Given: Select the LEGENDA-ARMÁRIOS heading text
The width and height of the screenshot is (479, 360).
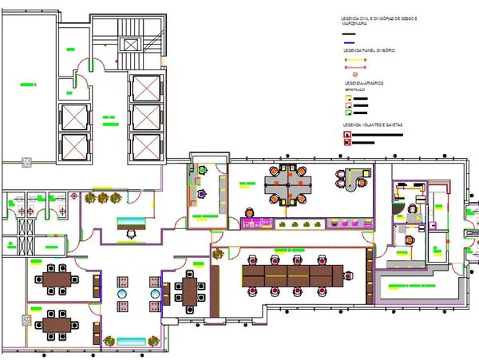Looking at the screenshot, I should click(x=365, y=83).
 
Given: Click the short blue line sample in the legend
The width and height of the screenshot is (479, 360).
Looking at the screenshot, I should click(x=348, y=42).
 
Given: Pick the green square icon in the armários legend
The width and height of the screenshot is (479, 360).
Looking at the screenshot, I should click(x=347, y=113).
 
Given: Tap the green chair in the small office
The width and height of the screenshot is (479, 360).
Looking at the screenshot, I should click(x=203, y=169).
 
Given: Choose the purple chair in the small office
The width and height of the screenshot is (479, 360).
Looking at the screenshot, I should click(x=203, y=192).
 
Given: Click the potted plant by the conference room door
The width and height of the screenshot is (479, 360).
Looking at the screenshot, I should click(x=216, y=254).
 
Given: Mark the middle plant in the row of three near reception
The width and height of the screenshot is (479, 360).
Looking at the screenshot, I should click(x=103, y=196).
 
